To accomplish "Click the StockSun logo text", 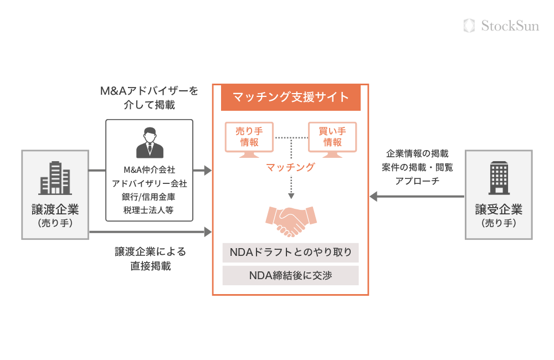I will coord(509,25).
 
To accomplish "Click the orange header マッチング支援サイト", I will coord(290,98).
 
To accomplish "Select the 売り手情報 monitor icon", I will coord(249,137).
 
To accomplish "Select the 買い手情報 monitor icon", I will coord(332,137).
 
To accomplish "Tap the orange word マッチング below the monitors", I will coord(290,167).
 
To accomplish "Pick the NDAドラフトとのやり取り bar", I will coord(290,253).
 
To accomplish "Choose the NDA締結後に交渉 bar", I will coord(290,275).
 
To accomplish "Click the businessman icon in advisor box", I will coord(150,143).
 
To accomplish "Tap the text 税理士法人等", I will coord(150,210).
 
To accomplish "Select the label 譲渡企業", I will coord(55,209).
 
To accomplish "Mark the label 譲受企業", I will coord(499,209).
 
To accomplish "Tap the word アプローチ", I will coord(417,181).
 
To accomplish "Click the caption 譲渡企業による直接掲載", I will coord(150,259).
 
